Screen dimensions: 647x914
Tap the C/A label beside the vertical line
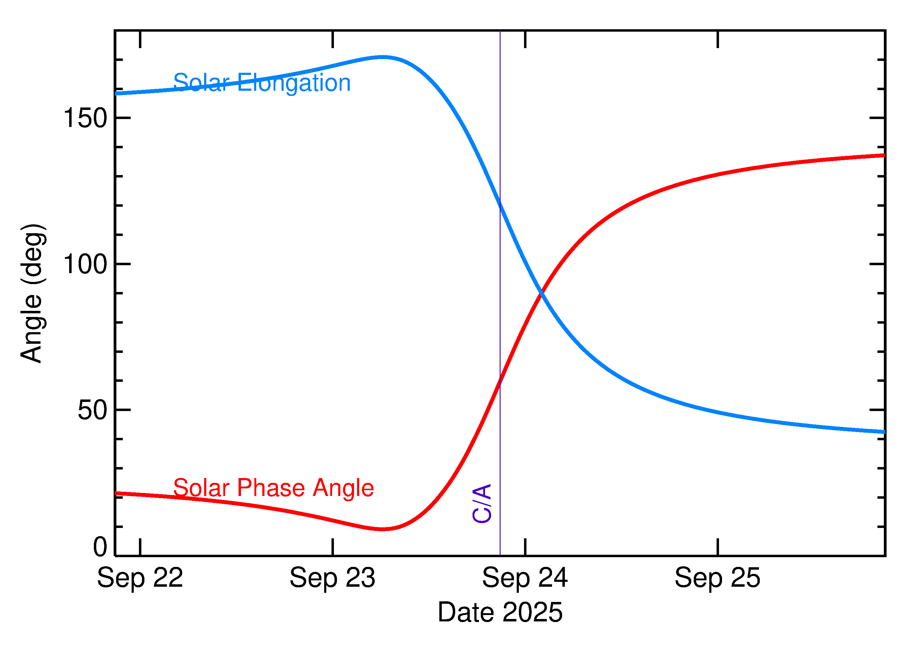click(482, 504)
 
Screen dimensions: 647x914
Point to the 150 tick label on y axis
click(85, 118)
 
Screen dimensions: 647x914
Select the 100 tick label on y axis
click(85, 264)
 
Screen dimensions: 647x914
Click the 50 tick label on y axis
click(93, 410)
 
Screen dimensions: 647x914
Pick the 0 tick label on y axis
click(100, 547)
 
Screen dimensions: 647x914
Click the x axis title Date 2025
click(500, 612)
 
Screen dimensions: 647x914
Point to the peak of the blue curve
click(382, 57)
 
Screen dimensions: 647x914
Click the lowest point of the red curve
click(382, 529)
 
